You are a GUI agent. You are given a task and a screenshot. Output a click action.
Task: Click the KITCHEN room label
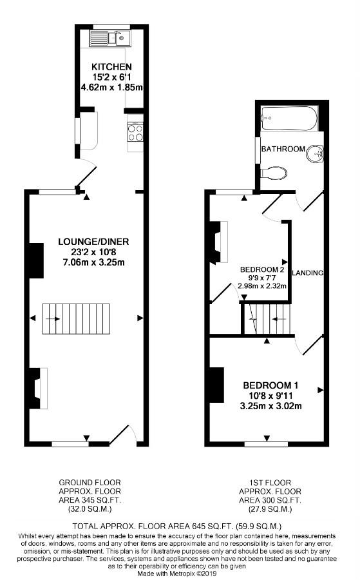[111, 67]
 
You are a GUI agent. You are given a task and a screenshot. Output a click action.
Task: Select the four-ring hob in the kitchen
[135, 132]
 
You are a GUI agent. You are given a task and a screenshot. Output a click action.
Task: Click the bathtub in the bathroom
[289, 119]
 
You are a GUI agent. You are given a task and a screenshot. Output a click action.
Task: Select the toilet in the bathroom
[275, 172]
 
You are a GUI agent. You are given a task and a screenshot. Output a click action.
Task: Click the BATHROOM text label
[283, 149]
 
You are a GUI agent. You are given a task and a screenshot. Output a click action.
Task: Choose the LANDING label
[307, 273]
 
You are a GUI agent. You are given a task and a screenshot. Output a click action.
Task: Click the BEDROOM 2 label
[262, 269]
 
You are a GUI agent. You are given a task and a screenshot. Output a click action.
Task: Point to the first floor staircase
[267, 318]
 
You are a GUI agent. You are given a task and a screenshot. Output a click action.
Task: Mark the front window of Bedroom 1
[266, 444]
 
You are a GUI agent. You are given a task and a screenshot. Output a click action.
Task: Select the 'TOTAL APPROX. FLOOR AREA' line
[180, 525]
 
